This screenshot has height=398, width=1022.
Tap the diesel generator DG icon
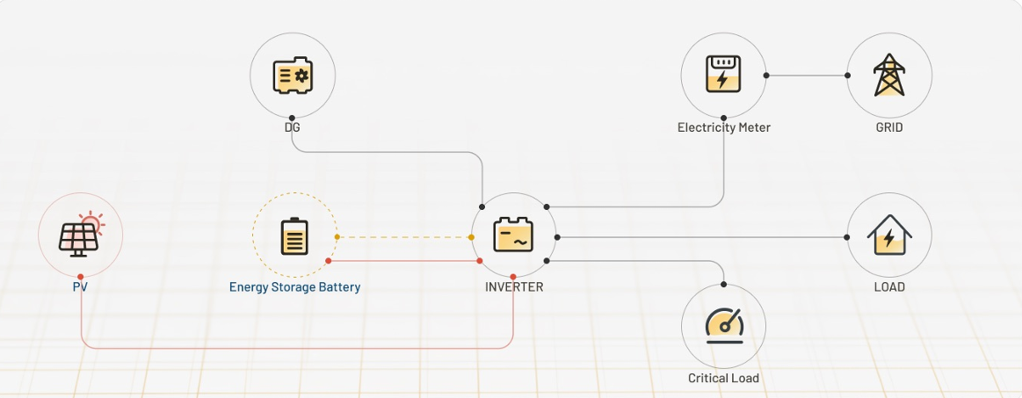coord(293,76)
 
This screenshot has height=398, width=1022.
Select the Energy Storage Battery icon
coord(294,235)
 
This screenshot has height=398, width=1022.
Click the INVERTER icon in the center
coord(513,235)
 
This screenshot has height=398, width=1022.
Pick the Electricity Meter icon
coord(723,76)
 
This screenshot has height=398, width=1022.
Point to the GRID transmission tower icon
coord(888,76)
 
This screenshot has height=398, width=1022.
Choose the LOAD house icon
coord(888,235)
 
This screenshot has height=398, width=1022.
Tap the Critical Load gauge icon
coord(724,325)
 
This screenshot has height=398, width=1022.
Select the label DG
coord(293,127)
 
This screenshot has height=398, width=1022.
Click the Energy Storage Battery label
coord(294,286)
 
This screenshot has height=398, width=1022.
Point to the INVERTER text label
coord(514,286)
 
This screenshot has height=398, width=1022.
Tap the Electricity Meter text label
coord(723,127)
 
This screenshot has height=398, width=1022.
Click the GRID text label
coord(888,127)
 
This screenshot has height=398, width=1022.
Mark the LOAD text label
coord(888,286)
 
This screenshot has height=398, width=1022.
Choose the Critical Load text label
coord(723,378)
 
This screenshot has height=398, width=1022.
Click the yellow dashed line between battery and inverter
coord(404,237)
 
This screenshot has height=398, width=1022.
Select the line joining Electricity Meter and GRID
coord(807,76)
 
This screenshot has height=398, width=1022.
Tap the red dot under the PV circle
coord(81,278)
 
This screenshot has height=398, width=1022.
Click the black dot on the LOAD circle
coord(847,237)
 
